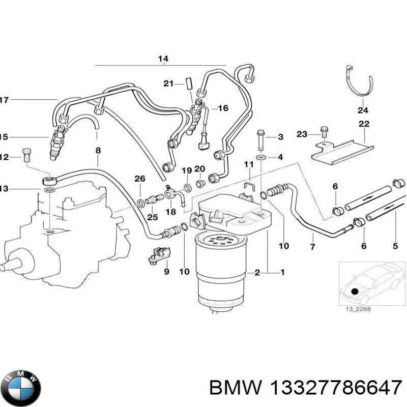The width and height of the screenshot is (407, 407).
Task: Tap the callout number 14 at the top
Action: click(162, 59)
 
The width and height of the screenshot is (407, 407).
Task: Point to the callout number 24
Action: click(362, 109)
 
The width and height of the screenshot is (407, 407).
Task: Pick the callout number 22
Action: click(364, 124)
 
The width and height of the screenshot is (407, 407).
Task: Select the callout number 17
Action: click(4, 100)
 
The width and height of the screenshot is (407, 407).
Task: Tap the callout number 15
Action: click(4, 137)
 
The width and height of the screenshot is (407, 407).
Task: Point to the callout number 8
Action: click(98, 150)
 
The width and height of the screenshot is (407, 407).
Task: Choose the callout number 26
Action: click(139, 178)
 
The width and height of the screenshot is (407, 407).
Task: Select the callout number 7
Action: click(312, 247)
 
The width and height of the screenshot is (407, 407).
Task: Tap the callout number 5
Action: click(395, 247)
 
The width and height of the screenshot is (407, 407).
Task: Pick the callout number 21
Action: click(168, 83)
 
